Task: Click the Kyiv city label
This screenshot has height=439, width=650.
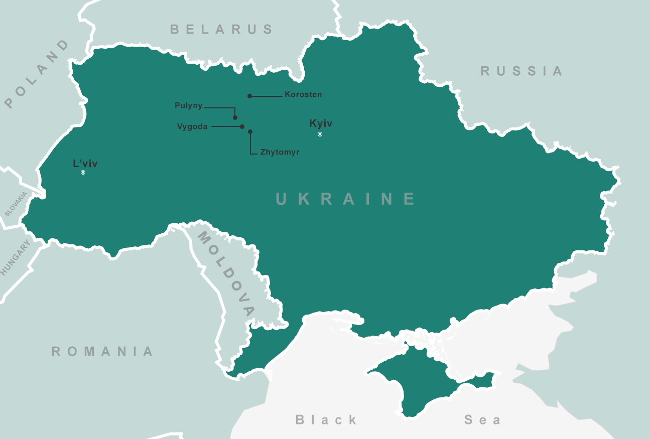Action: click(x=321, y=123)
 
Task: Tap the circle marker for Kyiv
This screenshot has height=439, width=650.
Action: click(x=320, y=134)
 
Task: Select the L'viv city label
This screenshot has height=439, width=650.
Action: click(x=85, y=163)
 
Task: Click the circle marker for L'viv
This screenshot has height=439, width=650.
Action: click(x=83, y=172)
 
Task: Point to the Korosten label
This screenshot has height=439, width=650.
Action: click(x=303, y=94)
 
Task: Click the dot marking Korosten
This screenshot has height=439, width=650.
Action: click(x=249, y=96)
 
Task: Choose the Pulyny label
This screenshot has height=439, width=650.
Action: click(x=189, y=105)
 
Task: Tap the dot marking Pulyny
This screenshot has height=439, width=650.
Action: click(x=235, y=117)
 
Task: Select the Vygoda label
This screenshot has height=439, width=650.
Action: click(x=192, y=126)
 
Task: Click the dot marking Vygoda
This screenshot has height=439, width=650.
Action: click(x=242, y=126)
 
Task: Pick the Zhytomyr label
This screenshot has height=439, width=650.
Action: click(x=280, y=152)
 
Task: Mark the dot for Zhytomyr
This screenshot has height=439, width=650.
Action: click(x=250, y=131)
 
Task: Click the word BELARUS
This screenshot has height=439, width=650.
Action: click(x=221, y=29)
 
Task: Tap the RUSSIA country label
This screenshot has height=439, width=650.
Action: click(x=522, y=71)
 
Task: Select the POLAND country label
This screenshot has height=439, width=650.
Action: click(x=37, y=74)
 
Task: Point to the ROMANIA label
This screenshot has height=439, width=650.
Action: click(x=102, y=351)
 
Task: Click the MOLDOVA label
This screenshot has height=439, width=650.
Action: click(x=225, y=273)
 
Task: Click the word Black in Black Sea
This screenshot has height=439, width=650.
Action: click(x=326, y=419)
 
